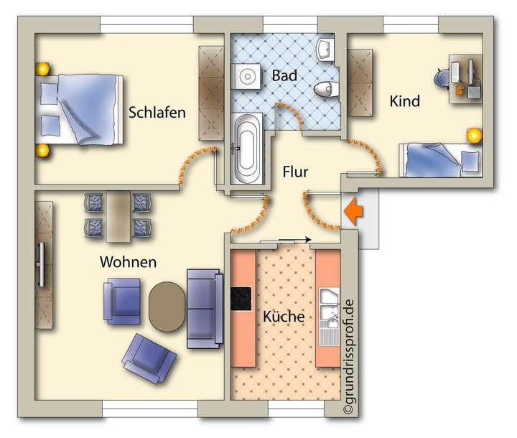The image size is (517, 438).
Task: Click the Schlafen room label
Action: (157, 113)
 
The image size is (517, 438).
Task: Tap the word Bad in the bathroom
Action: (281, 75)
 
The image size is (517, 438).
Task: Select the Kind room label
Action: (404, 101)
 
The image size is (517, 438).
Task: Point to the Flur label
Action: (294, 172)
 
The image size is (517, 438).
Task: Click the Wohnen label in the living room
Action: (128, 262)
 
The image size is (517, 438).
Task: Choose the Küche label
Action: (283, 317)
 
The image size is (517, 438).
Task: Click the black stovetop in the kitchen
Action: (241, 298)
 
